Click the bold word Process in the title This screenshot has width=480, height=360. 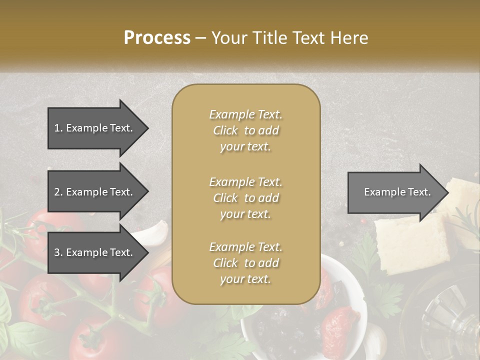[x=157, y=37]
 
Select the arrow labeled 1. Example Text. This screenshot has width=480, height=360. [x=95, y=128]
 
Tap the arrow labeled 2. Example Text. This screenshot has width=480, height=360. [x=95, y=192]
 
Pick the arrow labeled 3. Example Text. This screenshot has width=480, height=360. [x=95, y=252]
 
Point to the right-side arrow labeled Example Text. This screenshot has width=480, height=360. [x=395, y=192]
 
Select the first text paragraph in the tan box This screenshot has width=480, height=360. [x=245, y=130]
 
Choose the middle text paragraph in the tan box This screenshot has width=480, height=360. [x=245, y=197]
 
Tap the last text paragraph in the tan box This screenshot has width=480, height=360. [x=245, y=262]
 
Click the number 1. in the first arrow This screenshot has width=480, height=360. [x=58, y=128]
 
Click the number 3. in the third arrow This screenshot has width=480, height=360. [x=58, y=252]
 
